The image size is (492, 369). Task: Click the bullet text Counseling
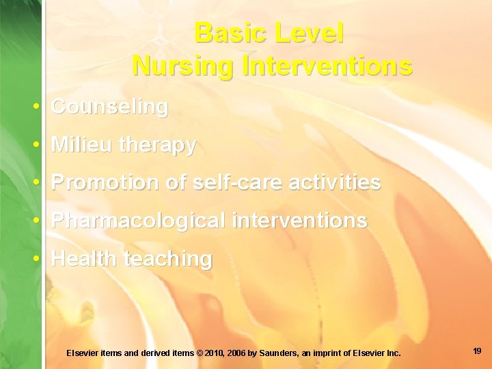(x=109, y=107)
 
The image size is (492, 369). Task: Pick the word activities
(x=335, y=183)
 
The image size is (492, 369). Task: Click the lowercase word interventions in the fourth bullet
(x=300, y=221)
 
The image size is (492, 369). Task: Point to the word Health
(x=83, y=259)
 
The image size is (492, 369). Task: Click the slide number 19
(x=477, y=351)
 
